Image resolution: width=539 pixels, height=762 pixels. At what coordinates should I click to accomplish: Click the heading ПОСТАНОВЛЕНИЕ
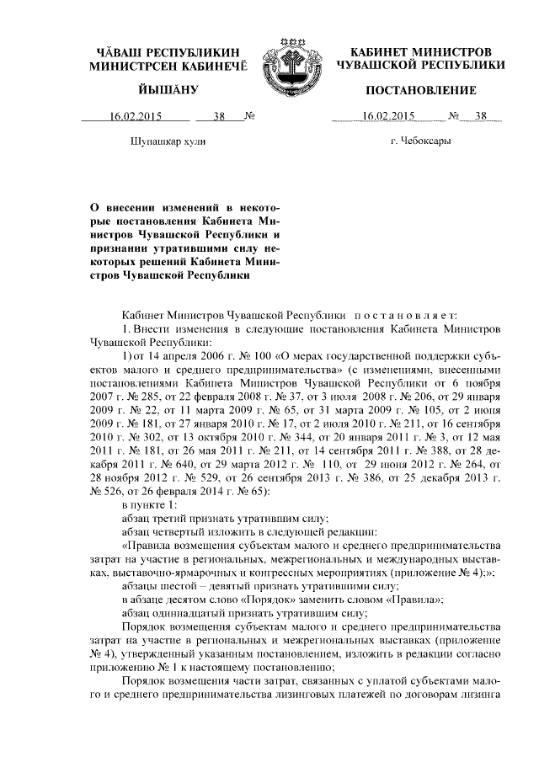[x=420, y=90]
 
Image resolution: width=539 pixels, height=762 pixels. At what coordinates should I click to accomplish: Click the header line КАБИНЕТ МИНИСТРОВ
[x=420, y=52]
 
